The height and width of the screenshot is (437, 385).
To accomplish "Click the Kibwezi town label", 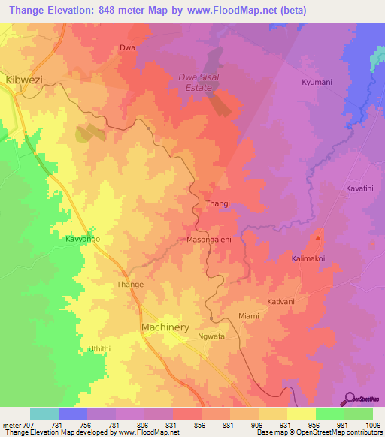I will (23, 78).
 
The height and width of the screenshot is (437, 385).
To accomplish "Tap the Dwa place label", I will (127, 48).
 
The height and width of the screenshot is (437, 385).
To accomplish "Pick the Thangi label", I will (217, 203).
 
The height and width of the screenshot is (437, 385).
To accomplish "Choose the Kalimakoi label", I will (308, 258).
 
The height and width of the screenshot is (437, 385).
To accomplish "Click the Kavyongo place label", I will (83, 240).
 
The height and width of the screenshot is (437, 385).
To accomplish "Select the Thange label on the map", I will (130, 285).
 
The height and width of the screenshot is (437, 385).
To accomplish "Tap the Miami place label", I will (248, 316).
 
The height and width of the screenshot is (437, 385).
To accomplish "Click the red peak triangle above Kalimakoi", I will (318, 239).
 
